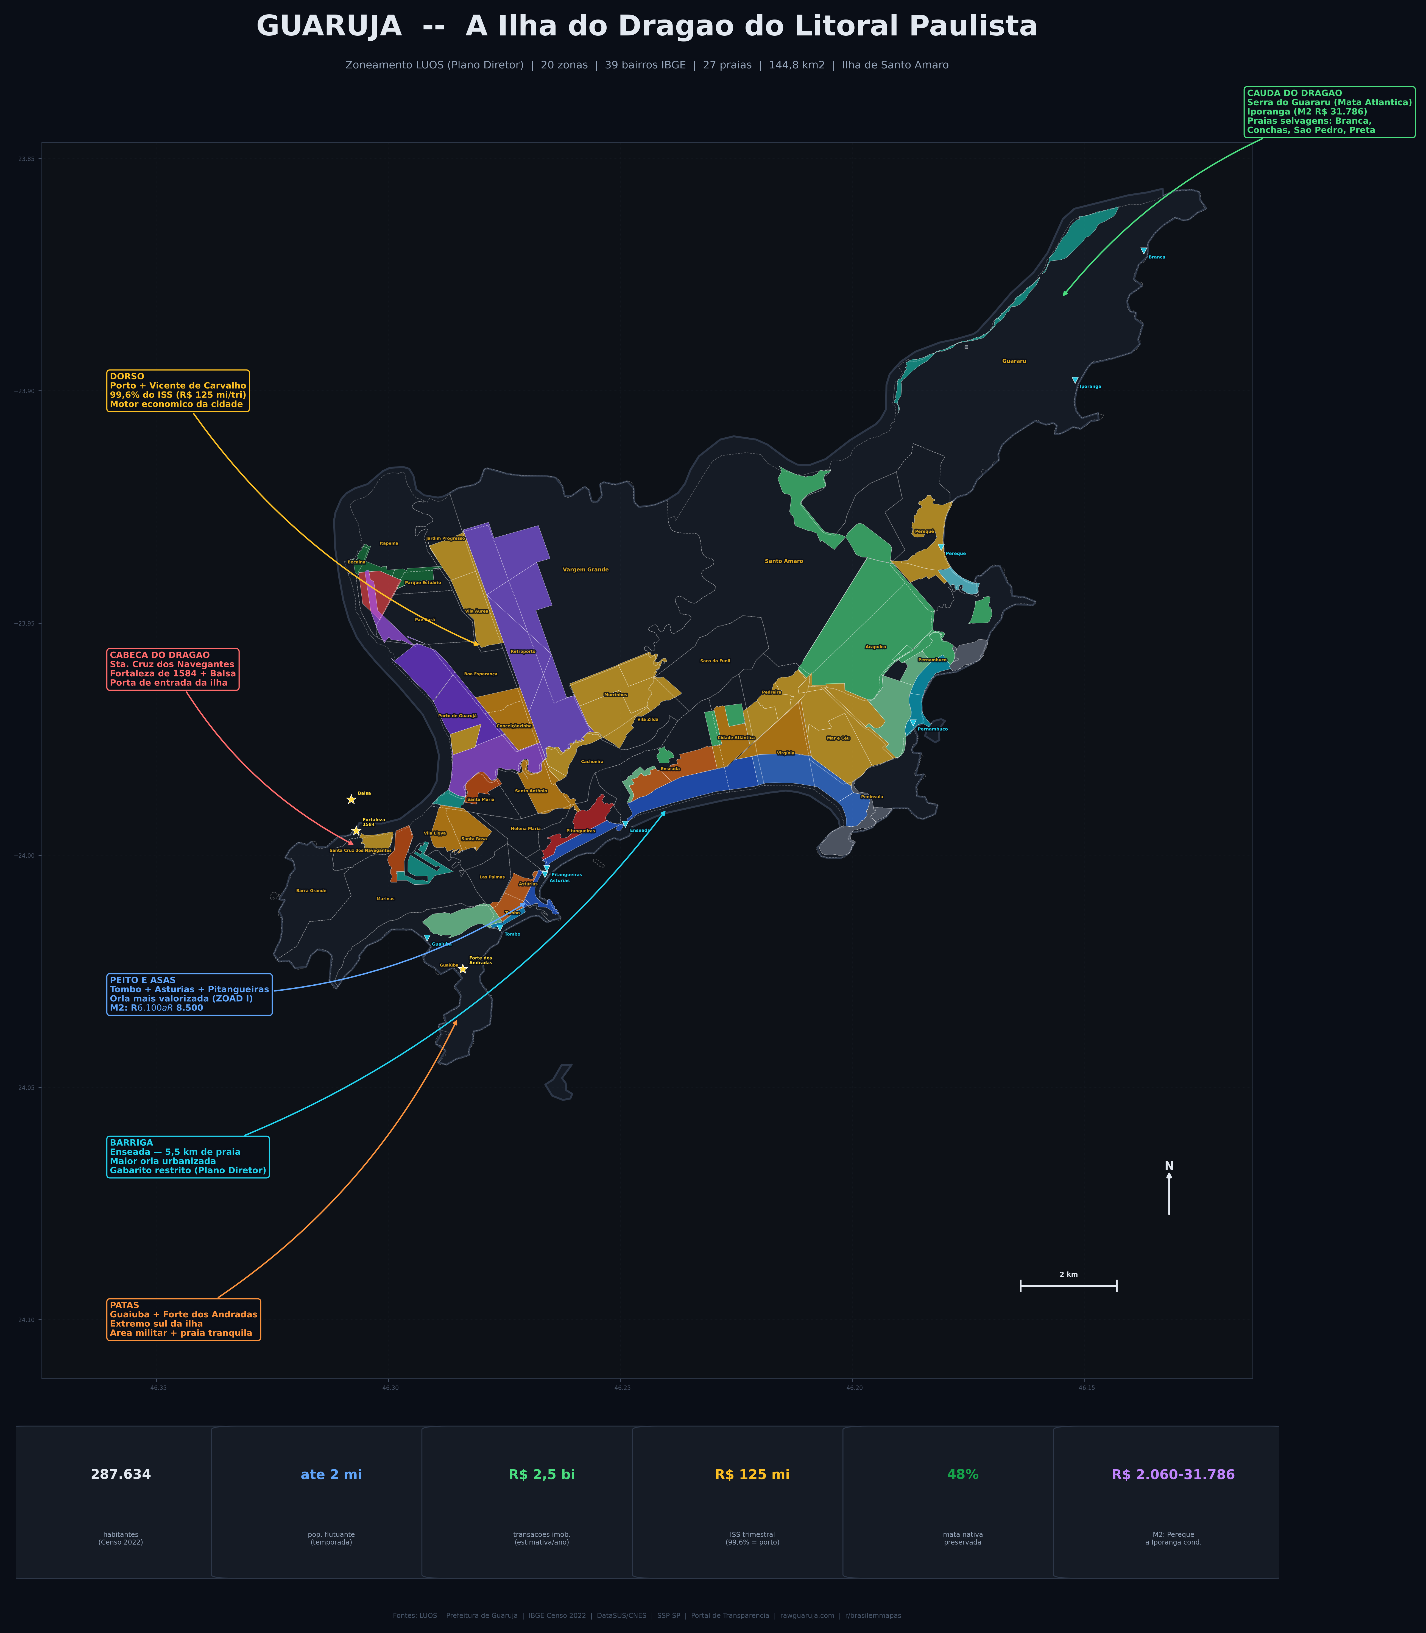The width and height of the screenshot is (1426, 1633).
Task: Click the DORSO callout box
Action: coord(177,390)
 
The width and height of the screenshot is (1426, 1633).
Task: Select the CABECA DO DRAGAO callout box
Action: coord(172,669)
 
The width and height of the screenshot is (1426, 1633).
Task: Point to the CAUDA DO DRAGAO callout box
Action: coord(1329,112)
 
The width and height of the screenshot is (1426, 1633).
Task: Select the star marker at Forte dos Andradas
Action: coord(462,969)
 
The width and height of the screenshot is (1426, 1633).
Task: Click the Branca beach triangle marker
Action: coord(1143,251)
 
